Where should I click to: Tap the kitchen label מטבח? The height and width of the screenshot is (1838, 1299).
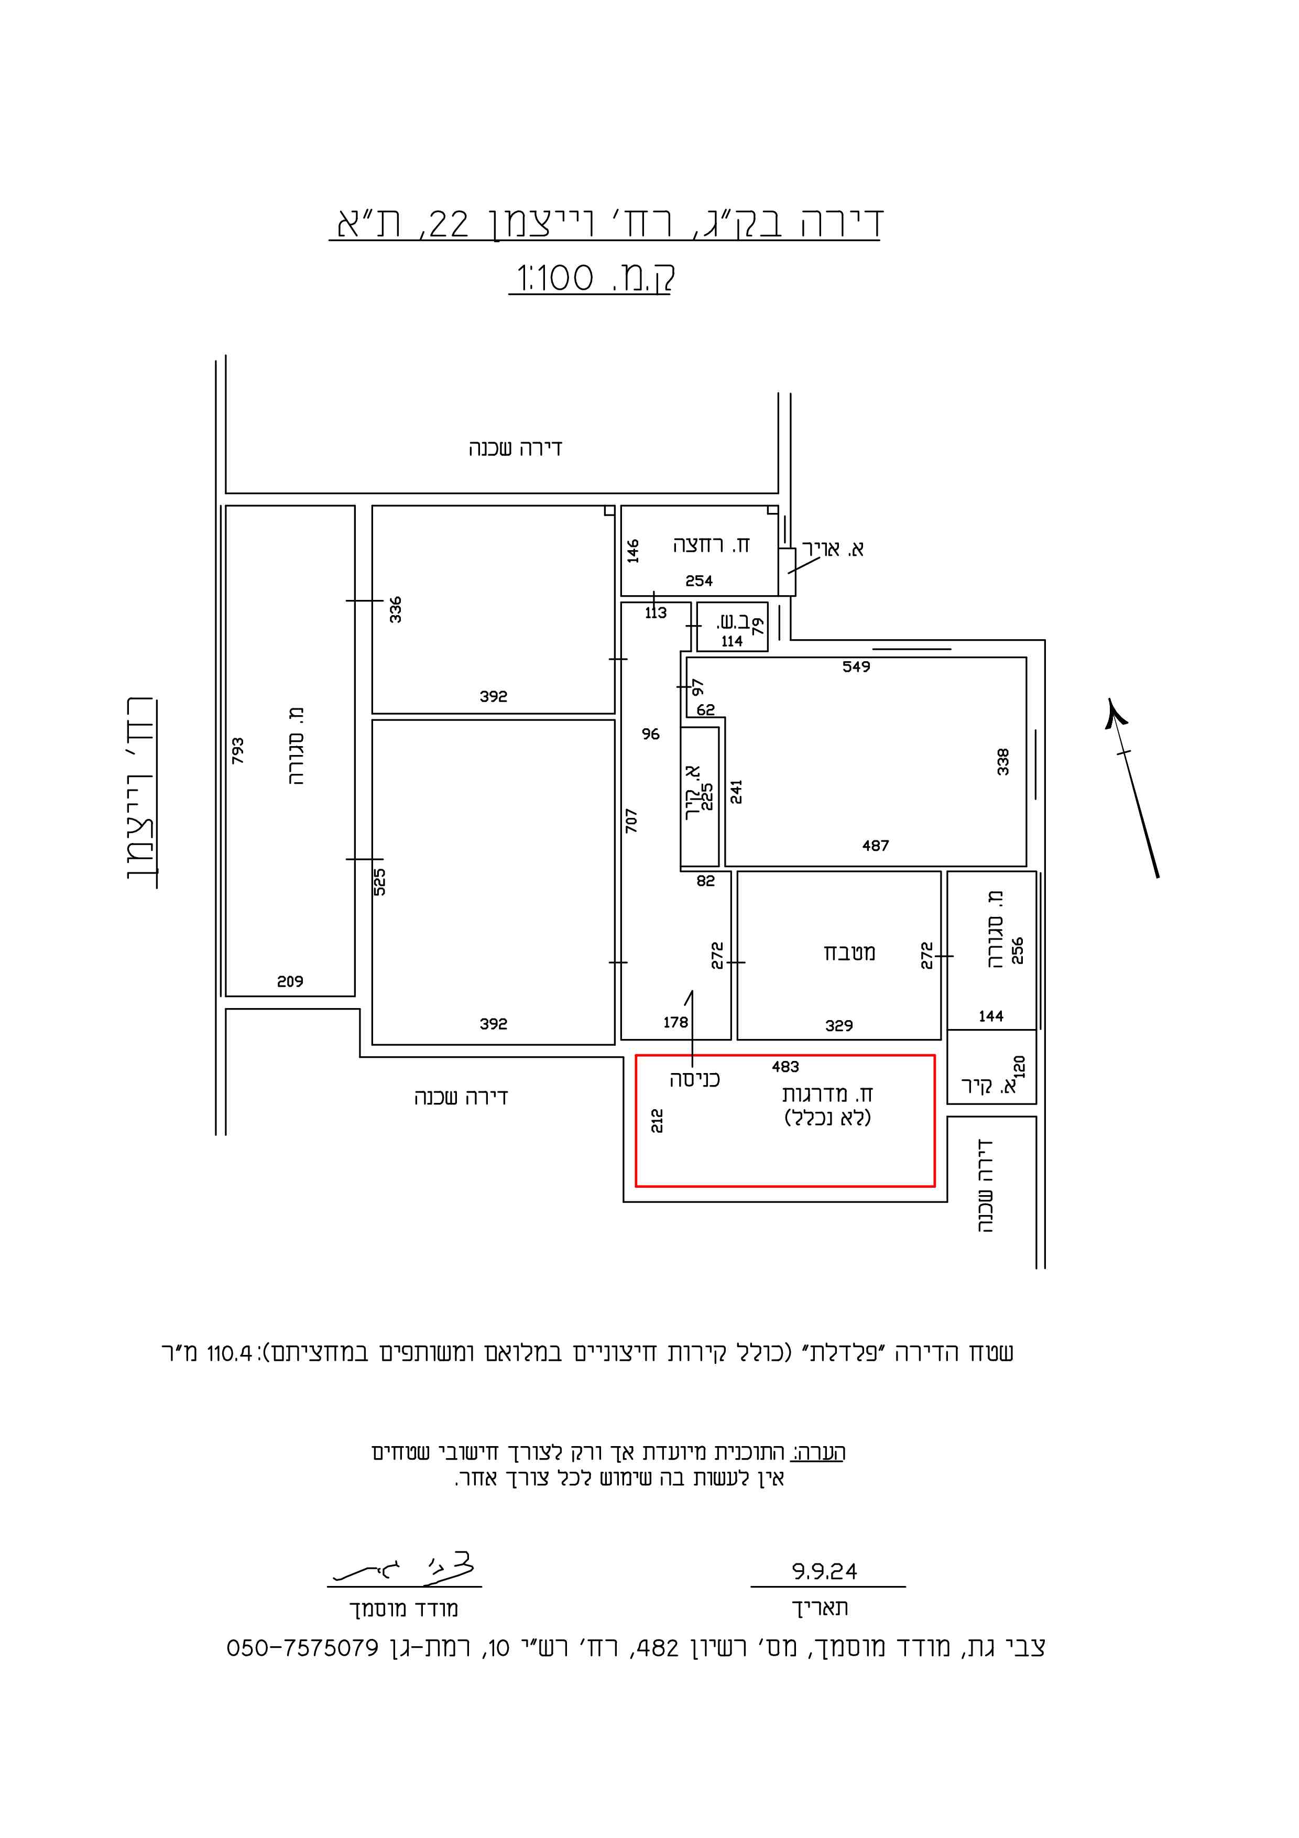point(849,953)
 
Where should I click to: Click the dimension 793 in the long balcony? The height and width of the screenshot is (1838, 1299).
point(238,751)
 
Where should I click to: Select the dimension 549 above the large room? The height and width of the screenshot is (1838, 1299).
point(856,666)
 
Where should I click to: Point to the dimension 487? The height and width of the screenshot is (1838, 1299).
point(876,845)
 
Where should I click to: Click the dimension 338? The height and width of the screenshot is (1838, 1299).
point(1003,761)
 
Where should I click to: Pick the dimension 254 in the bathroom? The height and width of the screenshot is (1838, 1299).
point(698,581)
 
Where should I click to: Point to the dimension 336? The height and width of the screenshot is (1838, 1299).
point(396,609)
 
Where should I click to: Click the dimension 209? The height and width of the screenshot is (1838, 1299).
point(290,981)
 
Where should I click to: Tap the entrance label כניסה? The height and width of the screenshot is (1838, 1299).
point(695,1080)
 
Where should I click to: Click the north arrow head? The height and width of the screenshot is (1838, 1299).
point(1112,713)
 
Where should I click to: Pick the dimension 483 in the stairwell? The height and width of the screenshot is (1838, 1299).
point(785,1066)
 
